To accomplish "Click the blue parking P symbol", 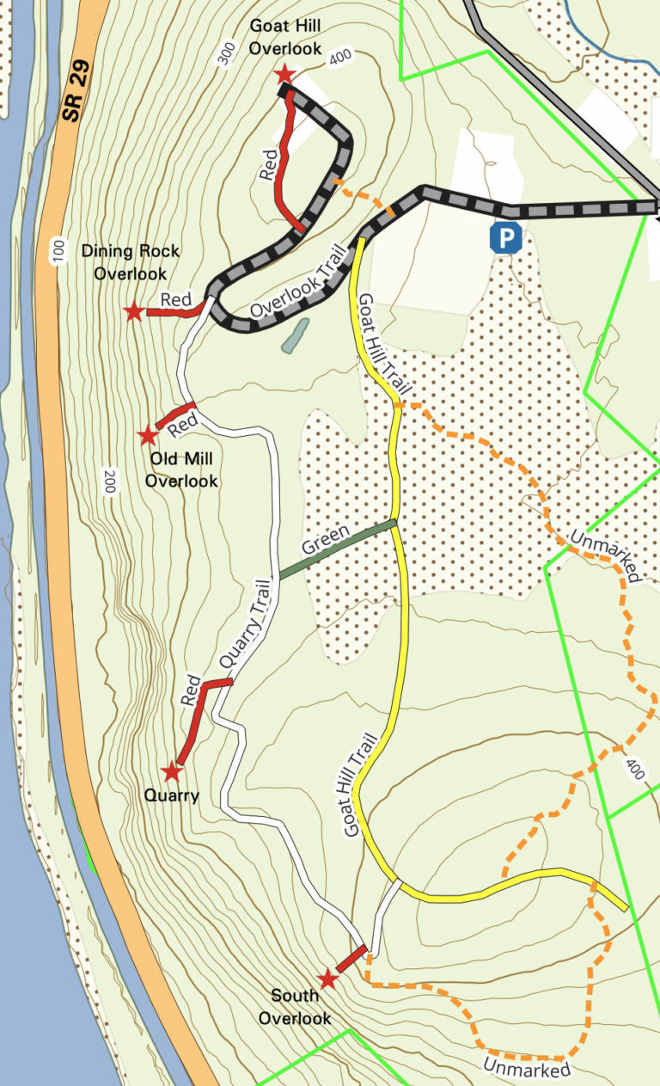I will point(506,237).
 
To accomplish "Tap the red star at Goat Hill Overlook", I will point(284,76).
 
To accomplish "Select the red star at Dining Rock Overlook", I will point(133,312).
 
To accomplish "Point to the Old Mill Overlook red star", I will point(148,436).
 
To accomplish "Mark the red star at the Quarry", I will point(173,771).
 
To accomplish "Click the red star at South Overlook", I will point(327,979).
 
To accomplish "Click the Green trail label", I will point(325,540).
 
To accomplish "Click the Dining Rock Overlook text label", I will point(131,262).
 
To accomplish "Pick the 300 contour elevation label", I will point(227,53).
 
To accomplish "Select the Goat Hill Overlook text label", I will point(285,37).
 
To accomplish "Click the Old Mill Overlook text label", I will point(180,469).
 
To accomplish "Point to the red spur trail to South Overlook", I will point(350,961).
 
